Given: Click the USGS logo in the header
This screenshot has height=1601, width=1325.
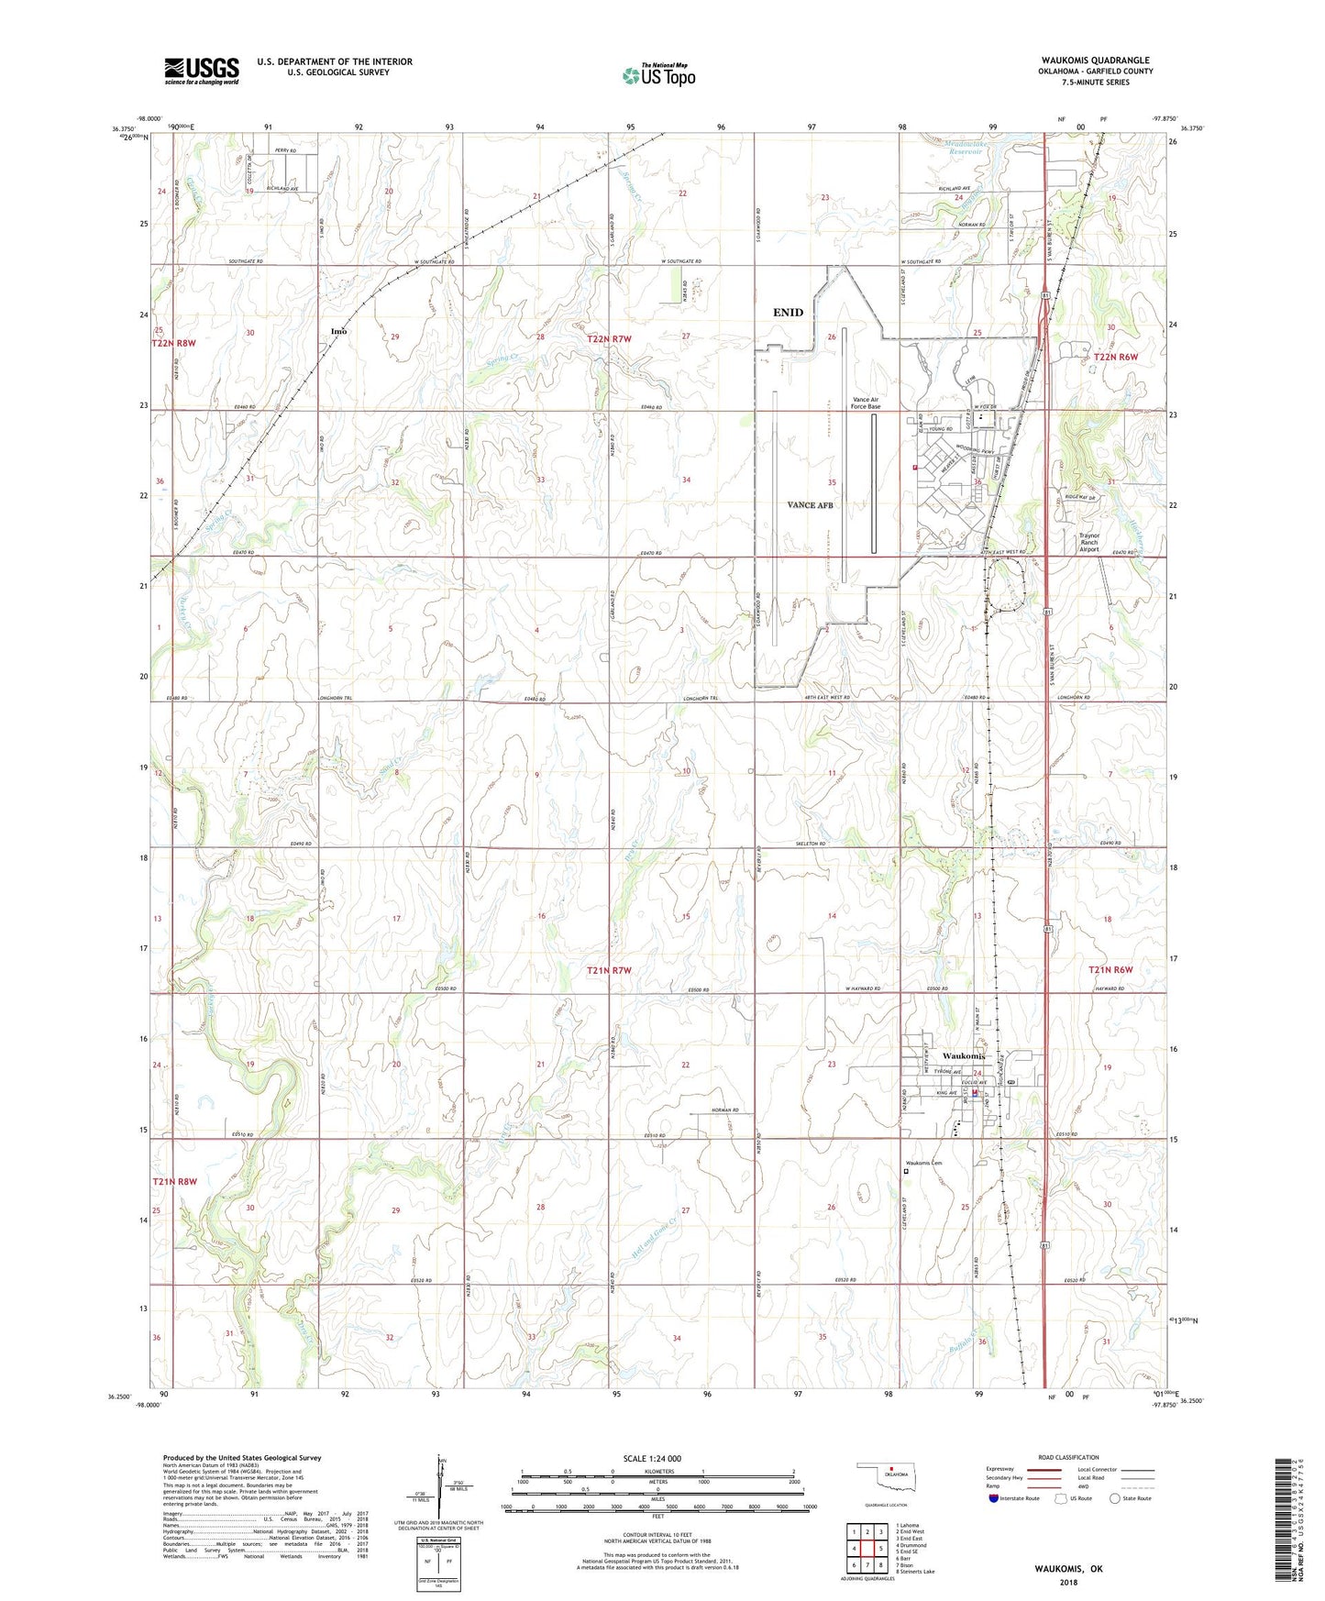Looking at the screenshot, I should tap(202, 71).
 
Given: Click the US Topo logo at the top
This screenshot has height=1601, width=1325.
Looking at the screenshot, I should tap(658, 75).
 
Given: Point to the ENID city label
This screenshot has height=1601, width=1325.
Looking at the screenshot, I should tap(788, 313).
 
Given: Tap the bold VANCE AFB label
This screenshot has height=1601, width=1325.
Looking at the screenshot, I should tap(810, 505).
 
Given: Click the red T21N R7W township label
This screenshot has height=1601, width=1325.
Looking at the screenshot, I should tap(609, 969).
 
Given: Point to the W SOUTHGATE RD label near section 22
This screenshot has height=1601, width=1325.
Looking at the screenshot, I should tap(680, 261).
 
